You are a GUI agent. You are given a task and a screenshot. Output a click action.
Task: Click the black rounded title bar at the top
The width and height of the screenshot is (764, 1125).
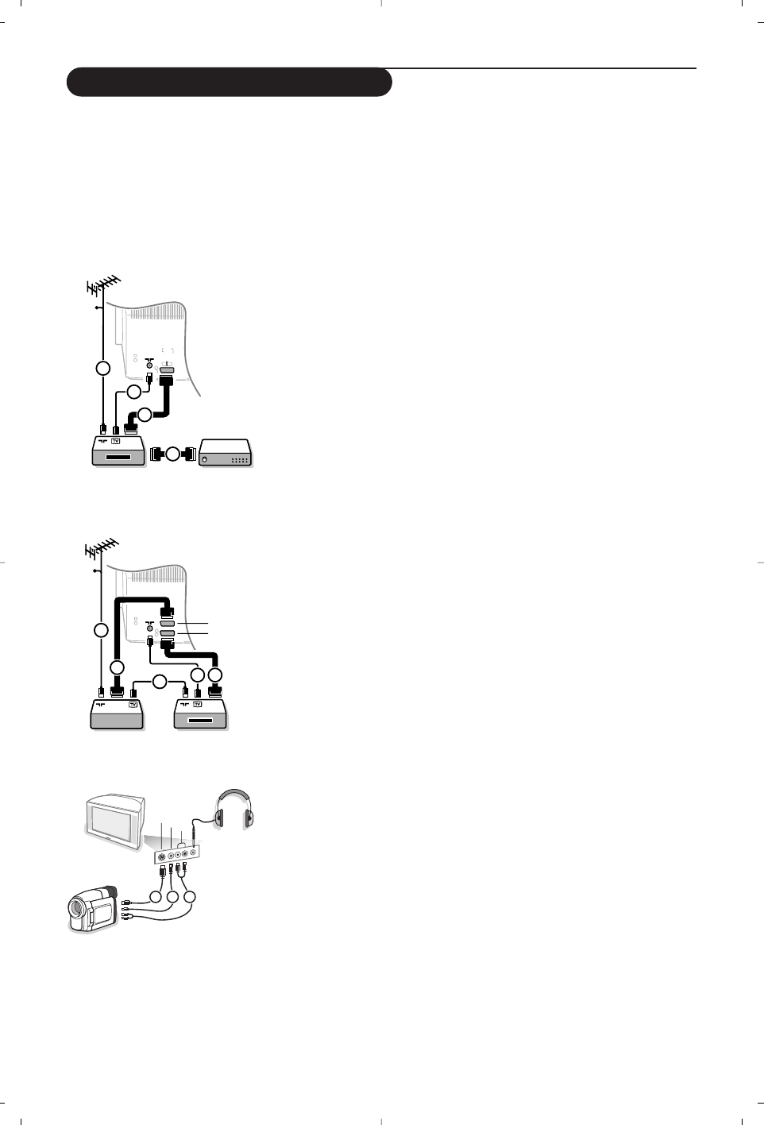[229, 83]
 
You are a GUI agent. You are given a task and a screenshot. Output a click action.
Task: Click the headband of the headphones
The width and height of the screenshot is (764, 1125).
[233, 794]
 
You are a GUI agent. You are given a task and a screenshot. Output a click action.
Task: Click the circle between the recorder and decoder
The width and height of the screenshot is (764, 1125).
[173, 454]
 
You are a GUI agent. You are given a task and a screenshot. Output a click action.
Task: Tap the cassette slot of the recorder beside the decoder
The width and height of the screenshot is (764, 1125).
[118, 458]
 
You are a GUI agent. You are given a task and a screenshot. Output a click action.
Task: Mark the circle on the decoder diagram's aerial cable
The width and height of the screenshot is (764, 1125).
[102, 368]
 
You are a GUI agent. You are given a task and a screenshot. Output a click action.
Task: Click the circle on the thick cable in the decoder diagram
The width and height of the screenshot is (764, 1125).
[144, 414]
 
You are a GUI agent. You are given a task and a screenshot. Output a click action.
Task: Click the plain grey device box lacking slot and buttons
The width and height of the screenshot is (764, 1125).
[117, 715]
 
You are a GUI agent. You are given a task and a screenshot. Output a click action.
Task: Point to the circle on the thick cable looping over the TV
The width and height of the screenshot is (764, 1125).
[118, 667]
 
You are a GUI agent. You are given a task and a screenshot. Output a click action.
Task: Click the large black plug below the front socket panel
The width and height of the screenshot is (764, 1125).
[164, 872]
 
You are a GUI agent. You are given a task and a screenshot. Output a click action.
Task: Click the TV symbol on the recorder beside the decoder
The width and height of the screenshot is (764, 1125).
[116, 439]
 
